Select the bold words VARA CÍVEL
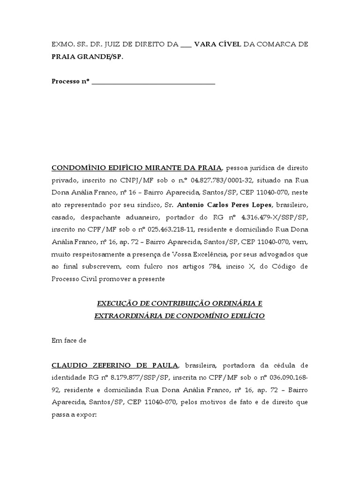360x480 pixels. [x=217, y=45]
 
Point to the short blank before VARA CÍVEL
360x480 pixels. [x=186, y=46]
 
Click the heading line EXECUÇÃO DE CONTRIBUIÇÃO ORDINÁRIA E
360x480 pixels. [x=179, y=304]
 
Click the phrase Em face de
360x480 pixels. [x=69, y=341]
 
